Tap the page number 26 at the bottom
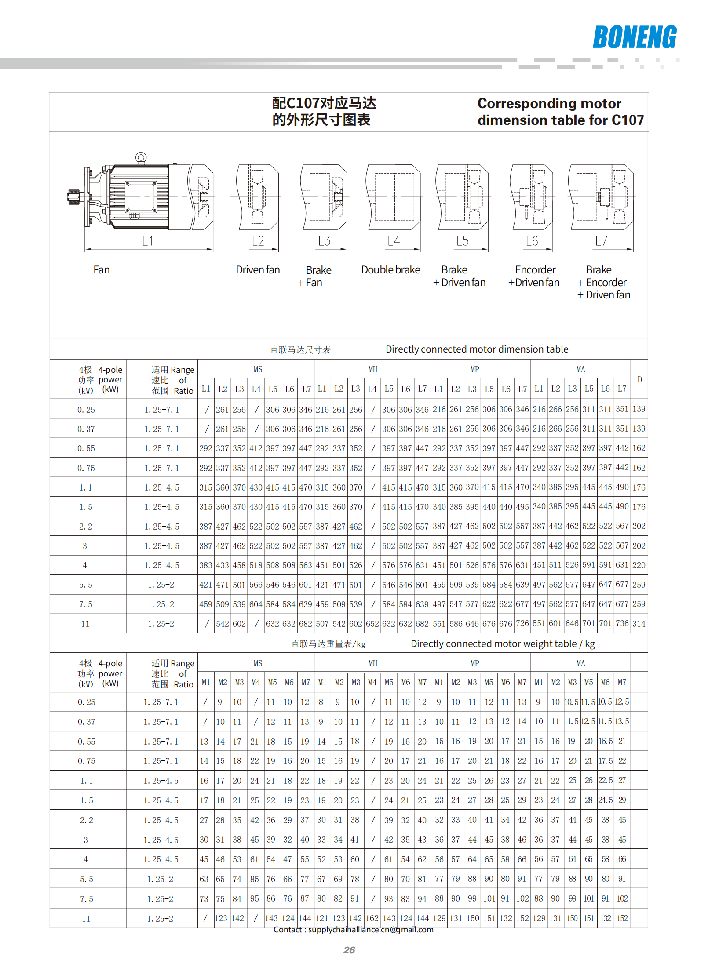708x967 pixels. pyautogui.click(x=349, y=950)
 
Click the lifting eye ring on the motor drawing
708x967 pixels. pyautogui.click(x=141, y=157)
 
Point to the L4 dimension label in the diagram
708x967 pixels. pyautogui.click(x=393, y=241)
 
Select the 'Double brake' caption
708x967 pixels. pyautogui.click(x=390, y=270)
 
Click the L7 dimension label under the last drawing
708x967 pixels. pyautogui.click(x=601, y=241)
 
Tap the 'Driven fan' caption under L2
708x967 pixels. pyautogui.click(x=258, y=270)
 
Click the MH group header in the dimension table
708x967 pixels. pyautogui.click(x=372, y=369)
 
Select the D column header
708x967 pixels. pyautogui.click(x=639, y=379)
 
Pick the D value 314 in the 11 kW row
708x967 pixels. pyautogui.click(x=639, y=623)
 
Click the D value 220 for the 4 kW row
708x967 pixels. pyautogui.click(x=639, y=565)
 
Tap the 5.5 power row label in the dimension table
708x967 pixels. pyautogui.click(x=86, y=585)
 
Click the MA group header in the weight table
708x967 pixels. pyautogui.click(x=580, y=663)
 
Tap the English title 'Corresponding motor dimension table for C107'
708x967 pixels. pyautogui.click(x=560, y=112)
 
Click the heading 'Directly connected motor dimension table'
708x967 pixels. pyautogui.click(x=477, y=349)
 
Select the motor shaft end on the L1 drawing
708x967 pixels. pyautogui.click(x=72, y=196)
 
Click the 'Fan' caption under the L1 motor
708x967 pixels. pyautogui.click(x=102, y=270)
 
